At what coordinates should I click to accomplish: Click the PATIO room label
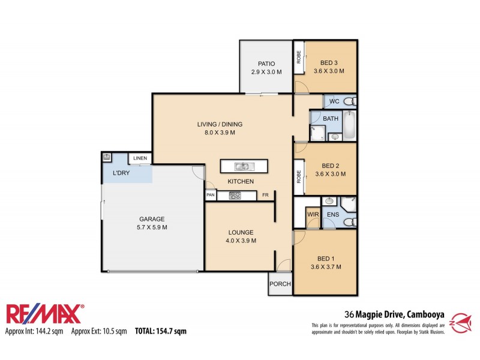(266, 63)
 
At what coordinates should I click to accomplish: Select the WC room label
(334, 101)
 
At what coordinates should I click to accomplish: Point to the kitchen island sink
(244, 166)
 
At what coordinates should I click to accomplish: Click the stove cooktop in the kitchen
(234, 195)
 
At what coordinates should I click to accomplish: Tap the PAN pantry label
(211, 195)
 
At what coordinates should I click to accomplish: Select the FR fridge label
(265, 195)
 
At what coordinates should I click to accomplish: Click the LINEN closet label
(140, 158)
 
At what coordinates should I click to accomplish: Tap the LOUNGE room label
(241, 232)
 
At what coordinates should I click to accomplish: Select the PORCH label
(279, 284)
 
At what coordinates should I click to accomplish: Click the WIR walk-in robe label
(313, 214)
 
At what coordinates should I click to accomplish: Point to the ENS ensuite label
(332, 214)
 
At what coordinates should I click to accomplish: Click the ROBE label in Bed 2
(298, 177)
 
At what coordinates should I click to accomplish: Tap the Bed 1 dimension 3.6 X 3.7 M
(326, 267)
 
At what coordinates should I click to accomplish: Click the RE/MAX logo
(45, 314)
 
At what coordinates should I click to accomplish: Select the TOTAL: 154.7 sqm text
(161, 331)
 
